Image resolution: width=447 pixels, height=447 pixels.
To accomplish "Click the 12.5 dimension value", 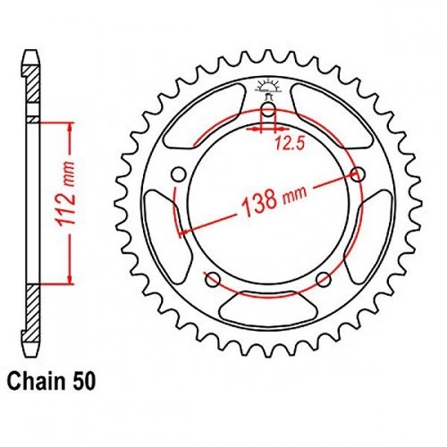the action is click(x=290, y=144).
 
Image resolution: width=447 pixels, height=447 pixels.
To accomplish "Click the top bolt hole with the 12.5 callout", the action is click(x=268, y=110).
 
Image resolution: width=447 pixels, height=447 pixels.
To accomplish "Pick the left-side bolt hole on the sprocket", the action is click(x=179, y=174).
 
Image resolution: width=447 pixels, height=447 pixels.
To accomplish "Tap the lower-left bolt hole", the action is click(x=213, y=280).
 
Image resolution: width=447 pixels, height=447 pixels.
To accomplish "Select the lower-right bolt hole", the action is click(x=324, y=280).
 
